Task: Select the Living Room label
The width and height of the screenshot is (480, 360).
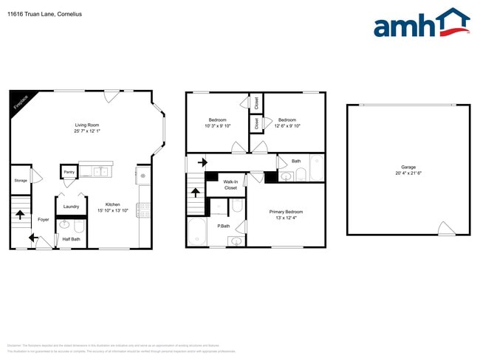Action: point(87,125)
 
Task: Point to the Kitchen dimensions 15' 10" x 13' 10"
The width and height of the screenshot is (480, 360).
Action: point(112,211)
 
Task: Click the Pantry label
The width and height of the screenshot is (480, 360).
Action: point(69,172)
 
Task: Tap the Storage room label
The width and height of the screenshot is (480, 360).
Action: point(21,180)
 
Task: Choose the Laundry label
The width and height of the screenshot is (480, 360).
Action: point(71,207)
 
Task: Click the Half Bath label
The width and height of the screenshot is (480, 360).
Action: point(72,238)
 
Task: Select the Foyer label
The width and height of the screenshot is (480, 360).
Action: point(44,219)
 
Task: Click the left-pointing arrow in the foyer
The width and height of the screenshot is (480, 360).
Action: point(33,238)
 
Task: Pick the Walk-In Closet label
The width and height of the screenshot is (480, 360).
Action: point(230,184)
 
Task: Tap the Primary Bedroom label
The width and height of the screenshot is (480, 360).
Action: point(286,212)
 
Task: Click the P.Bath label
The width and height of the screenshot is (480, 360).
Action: point(224,226)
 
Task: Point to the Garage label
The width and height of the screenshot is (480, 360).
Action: point(408,167)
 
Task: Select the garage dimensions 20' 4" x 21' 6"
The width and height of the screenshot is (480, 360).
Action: point(408,174)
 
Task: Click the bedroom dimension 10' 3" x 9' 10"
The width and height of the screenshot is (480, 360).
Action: point(217,126)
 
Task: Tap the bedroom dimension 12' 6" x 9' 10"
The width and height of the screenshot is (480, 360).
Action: point(287,126)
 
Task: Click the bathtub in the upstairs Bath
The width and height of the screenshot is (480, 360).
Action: point(317,168)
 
